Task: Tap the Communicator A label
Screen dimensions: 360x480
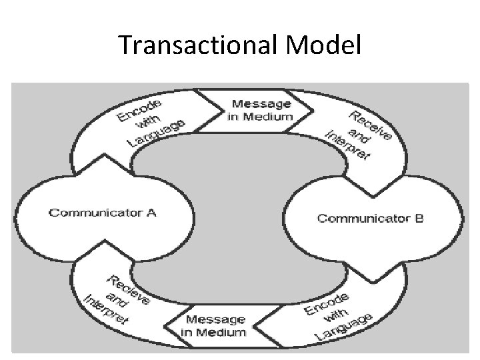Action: (102, 213)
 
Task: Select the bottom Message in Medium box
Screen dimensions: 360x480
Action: (215, 326)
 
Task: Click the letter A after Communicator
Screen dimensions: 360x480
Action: (151, 213)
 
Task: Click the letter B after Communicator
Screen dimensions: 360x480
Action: (419, 218)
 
